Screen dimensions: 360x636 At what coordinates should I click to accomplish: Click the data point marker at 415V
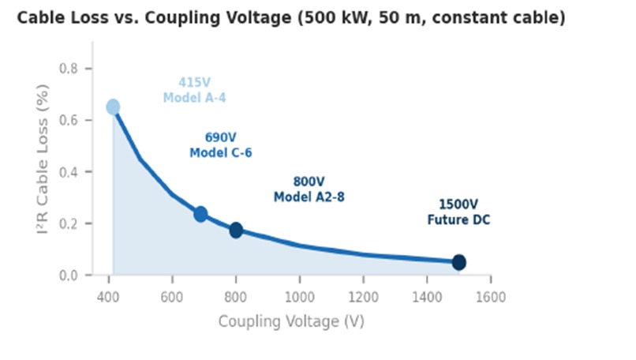click(x=113, y=107)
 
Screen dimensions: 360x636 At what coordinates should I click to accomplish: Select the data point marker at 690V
click(x=200, y=214)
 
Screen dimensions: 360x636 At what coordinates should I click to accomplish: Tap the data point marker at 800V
click(x=236, y=231)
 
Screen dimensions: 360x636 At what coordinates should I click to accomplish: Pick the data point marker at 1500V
click(x=458, y=262)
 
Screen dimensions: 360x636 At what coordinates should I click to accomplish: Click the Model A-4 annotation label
click(x=194, y=98)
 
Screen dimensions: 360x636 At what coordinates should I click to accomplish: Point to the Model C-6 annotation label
click(x=221, y=152)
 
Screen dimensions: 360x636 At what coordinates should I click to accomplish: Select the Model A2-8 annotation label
click(x=309, y=197)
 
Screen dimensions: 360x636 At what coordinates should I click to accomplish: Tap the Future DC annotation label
click(x=458, y=220)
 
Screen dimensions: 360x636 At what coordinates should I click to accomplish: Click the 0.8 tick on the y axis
click(x=69, y=69)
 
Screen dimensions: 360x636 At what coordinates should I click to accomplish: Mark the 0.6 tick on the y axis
click(x=69, y=120)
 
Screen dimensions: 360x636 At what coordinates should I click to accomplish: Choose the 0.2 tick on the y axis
click(x=69, y=223)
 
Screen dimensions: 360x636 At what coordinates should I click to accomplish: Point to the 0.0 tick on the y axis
click(x=69, y=275)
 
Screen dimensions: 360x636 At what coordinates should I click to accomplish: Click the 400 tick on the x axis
click(x=108, y=297)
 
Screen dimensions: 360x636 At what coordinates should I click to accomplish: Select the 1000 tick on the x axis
click(x=299, y=297)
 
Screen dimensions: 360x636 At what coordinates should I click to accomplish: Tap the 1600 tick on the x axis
click(x=491, y=297)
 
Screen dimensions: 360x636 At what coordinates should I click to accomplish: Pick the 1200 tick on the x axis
click(x=363, y=297)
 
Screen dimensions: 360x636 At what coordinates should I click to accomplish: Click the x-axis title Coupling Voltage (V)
click(x=291, y=321)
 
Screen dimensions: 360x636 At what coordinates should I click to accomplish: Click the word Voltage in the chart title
click(x=258, y=17)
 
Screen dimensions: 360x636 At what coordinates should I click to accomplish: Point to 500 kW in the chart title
click(x=335, y=17)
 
